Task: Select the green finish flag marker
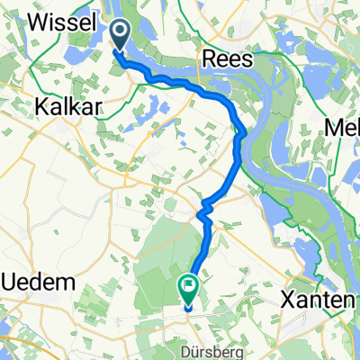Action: click(x=189, y=289)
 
